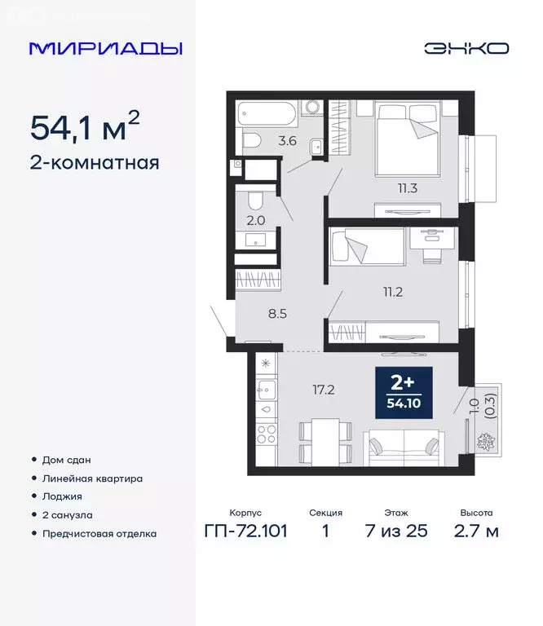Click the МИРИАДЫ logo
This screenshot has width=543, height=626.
point(105,48)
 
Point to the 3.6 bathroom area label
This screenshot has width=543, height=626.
point(287,140)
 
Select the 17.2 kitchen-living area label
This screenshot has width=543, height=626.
point(324,390)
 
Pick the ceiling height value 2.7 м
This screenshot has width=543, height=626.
point(476,534)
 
